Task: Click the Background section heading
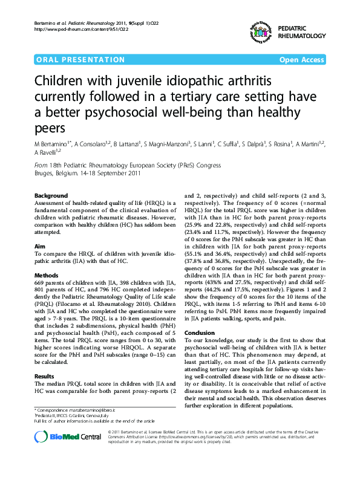(x=51, y=196)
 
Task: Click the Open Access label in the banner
(x=302, y=60)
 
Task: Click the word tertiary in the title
(x=201, y=97)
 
